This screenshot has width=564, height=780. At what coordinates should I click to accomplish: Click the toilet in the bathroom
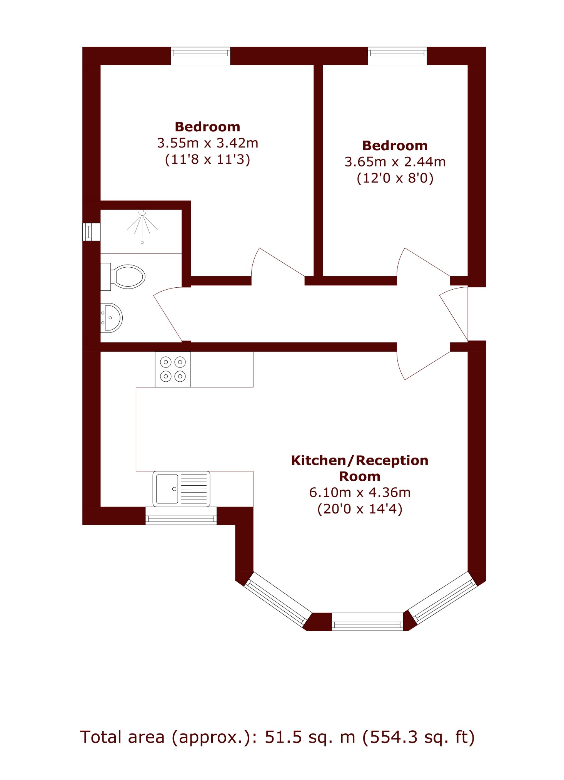point(123,277)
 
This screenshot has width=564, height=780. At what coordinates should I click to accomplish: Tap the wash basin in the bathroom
point(111,318)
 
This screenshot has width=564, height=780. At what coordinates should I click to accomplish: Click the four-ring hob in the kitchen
point(173,369)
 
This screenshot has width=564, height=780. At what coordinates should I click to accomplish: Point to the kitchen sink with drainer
point(182,489)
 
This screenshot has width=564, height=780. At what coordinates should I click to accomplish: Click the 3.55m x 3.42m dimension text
point(207,143)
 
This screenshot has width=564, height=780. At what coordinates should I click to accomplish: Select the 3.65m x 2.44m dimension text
point(395,162)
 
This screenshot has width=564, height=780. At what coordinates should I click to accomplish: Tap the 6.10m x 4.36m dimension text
point(360,492)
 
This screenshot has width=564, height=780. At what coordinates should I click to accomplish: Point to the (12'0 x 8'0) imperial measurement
point(395,178)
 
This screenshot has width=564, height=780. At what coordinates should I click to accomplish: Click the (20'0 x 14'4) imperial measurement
point(360,509)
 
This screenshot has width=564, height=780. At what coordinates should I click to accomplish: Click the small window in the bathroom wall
point(92,232)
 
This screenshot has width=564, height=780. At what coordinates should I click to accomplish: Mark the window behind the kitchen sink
point(181,516)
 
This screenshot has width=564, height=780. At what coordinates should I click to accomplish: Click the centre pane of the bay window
point(367,622)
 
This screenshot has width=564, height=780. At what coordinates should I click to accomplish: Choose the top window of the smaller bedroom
point(397,56)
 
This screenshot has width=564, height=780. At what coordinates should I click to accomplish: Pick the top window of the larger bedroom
point(200,56)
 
